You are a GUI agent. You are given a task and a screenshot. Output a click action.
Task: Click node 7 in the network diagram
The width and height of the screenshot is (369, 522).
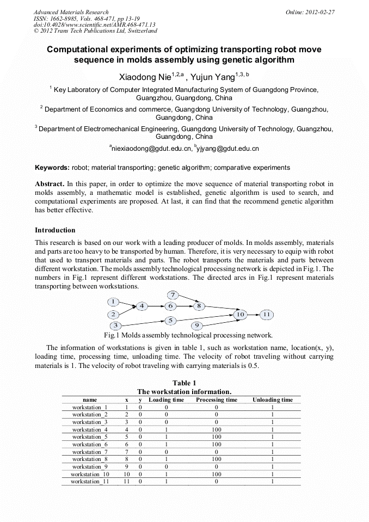point(173,295)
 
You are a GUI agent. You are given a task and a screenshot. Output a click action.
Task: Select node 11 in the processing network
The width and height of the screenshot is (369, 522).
point(267,314)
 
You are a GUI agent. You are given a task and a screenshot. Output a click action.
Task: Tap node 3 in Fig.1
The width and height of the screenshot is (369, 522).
point(115,326)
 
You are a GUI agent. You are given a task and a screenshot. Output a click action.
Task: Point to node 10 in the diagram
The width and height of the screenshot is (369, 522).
point(240,314)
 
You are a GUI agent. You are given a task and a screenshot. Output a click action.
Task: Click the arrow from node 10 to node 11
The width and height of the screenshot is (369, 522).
point(253,314)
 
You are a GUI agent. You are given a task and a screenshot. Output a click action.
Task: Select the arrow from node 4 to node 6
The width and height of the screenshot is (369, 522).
point(155,306)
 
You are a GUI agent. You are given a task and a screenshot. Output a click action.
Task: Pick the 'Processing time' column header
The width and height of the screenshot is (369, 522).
point(217,400)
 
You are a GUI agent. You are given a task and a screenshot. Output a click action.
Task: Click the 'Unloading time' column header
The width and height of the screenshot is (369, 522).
point(272,400)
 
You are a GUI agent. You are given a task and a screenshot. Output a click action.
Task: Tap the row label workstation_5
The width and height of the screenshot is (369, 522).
point(90,437)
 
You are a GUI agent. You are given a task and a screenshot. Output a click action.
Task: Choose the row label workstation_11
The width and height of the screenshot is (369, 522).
point(90,481)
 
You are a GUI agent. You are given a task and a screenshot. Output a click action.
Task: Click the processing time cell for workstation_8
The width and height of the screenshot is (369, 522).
point(217,459)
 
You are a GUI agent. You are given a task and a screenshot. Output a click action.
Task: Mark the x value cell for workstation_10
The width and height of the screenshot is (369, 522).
point(126,474)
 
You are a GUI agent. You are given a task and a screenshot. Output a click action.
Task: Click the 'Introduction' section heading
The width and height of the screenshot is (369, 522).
point(55,230)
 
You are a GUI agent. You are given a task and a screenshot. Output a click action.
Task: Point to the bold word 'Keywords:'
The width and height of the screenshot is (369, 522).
point(52,168)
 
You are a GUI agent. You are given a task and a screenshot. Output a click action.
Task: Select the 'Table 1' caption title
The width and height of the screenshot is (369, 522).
point(184,383)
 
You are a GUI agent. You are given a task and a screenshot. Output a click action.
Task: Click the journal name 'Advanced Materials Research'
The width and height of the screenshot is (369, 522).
point(71,11)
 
